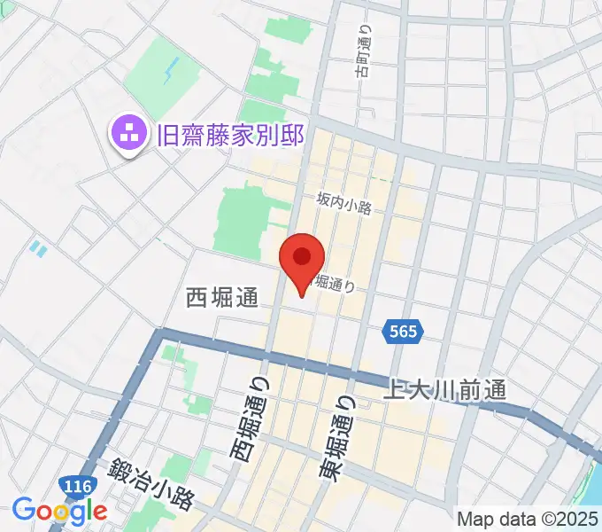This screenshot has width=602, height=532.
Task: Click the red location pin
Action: pos(302,262)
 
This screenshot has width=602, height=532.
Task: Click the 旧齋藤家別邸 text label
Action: pos(230,136)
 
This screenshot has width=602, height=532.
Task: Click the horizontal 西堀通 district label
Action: pos(222,298)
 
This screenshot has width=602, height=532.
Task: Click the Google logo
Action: pos(59,511)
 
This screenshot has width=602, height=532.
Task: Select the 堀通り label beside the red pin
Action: pos(336,285)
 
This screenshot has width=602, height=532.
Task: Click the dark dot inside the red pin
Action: pos(302,257)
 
